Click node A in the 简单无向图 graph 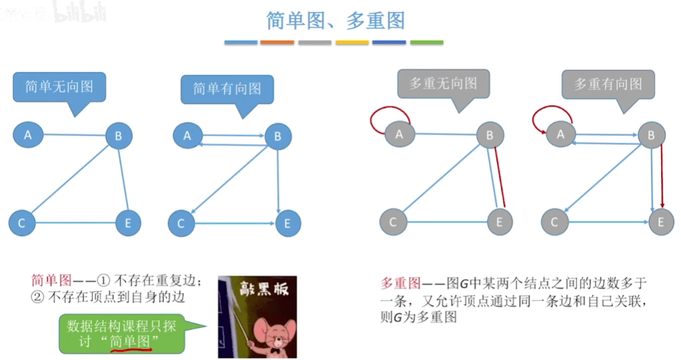tap(28, 134)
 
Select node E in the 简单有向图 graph tap(288, 223)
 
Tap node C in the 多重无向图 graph tap(393, 222)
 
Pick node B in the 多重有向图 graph tap(651, 136)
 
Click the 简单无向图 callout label tap(59, 87)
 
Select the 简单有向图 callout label tap(227, 89)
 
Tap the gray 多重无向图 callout tap(443, 84)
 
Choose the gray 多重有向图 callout tap(608, 84)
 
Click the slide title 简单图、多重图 tap(335, 20)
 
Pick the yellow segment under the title tap(352, 42)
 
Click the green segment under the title tap(427, 42)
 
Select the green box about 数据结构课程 tap(121, 333)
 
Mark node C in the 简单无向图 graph tap(22, 223)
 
